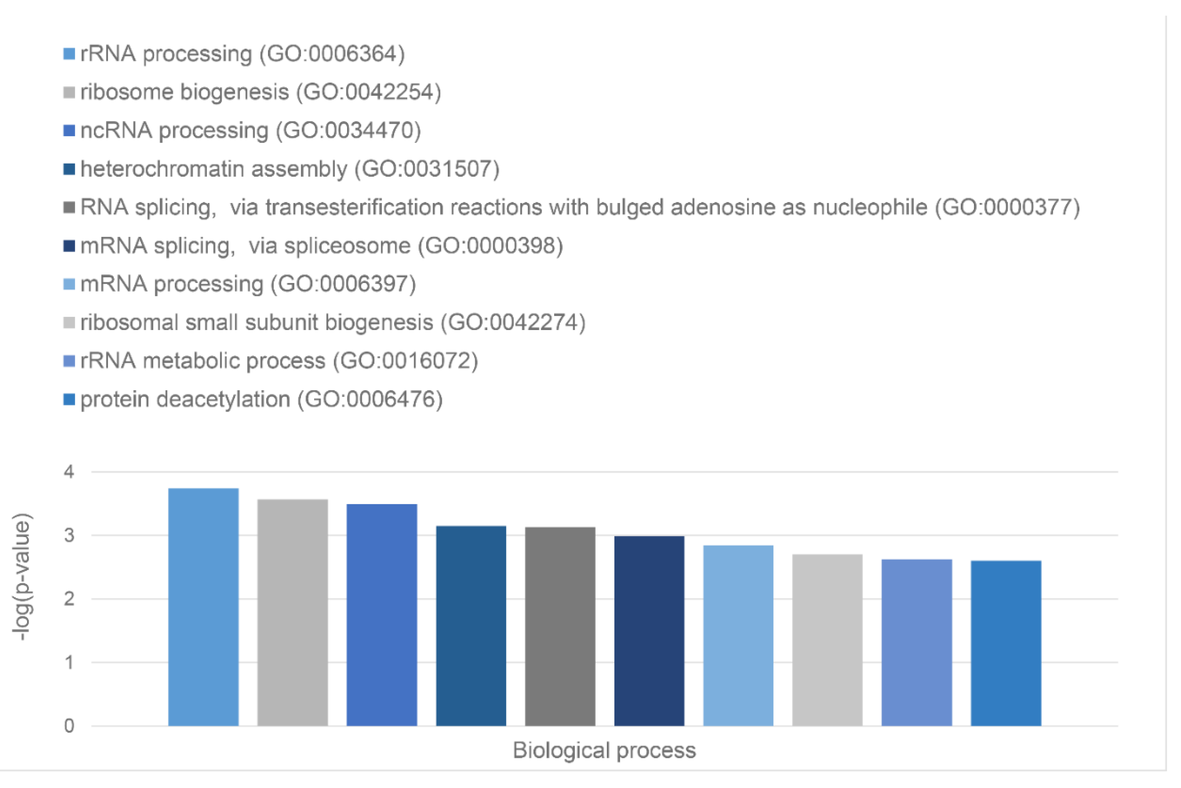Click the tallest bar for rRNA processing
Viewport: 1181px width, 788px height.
(203, 607)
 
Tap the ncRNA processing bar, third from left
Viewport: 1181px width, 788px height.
(381, 615)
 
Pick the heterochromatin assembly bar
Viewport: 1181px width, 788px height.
(471, 626)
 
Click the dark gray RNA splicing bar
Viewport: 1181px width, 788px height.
(560, 626)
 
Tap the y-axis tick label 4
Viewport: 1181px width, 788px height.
(69, 472)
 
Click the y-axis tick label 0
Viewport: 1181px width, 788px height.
(69, 726)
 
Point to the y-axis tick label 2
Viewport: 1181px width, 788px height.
(69, 599)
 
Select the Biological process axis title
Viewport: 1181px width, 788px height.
(604, 750)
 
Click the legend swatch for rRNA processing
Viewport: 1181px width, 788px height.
(69, 54)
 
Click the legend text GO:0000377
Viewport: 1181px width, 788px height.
(1007, 207)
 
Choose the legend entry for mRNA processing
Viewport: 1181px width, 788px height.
(248, 284)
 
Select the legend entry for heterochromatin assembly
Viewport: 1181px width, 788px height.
(289, 169)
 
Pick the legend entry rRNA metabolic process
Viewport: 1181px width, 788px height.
(279, 361)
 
